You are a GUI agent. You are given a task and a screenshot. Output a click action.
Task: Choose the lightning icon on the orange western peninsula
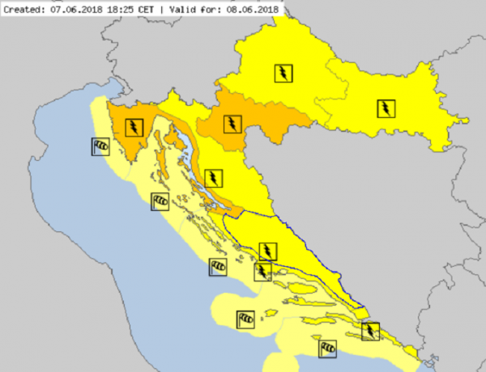(x=134, y=126)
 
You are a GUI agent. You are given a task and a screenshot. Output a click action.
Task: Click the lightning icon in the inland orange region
(x=233, y=124)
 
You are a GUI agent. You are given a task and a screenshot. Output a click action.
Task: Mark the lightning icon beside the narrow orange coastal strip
(x=214, y=177)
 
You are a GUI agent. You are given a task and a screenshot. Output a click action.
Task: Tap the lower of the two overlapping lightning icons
(x=263, y=270)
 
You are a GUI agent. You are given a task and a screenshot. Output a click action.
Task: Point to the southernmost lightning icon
(x=370, y=332)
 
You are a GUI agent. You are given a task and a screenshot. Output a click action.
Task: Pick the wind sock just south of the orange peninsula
(x=160, y=200)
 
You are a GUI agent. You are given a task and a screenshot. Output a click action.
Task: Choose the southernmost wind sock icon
(x=328, y=348)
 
